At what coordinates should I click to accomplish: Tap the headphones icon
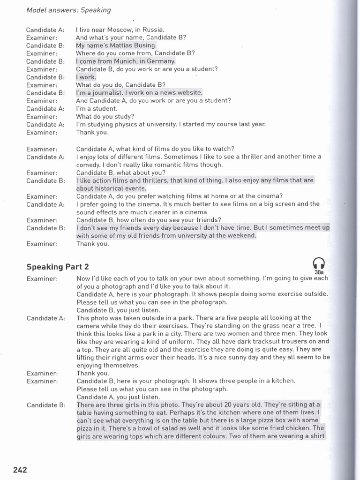318,263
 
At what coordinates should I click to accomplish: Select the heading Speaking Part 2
58,267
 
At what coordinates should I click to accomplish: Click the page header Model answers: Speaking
69,10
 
